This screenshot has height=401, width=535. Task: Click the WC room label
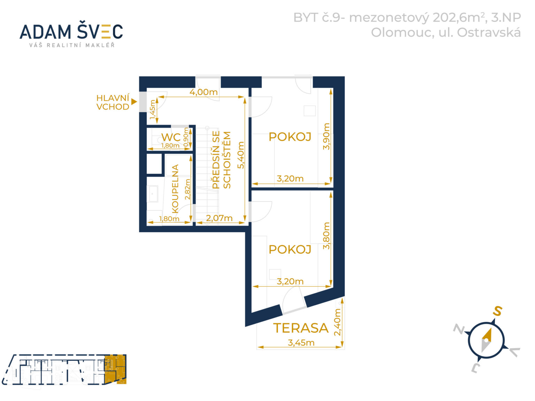171,137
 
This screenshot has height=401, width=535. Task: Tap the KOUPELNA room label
175,189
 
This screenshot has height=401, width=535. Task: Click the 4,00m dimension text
203,92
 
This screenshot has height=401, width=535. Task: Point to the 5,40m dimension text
241,155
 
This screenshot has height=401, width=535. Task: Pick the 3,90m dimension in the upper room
326,136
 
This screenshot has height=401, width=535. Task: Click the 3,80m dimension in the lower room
326,235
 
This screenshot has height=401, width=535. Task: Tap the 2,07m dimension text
219,218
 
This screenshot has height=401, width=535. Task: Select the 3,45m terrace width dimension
301,343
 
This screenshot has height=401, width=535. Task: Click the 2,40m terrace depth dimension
337,322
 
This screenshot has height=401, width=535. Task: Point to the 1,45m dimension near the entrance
153,109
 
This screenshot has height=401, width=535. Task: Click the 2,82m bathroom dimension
187,189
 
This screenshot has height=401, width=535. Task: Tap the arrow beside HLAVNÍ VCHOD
134,102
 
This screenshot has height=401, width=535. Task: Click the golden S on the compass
497,311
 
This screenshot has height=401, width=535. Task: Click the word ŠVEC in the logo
100,31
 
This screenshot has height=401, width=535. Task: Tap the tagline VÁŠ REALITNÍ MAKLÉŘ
72,45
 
